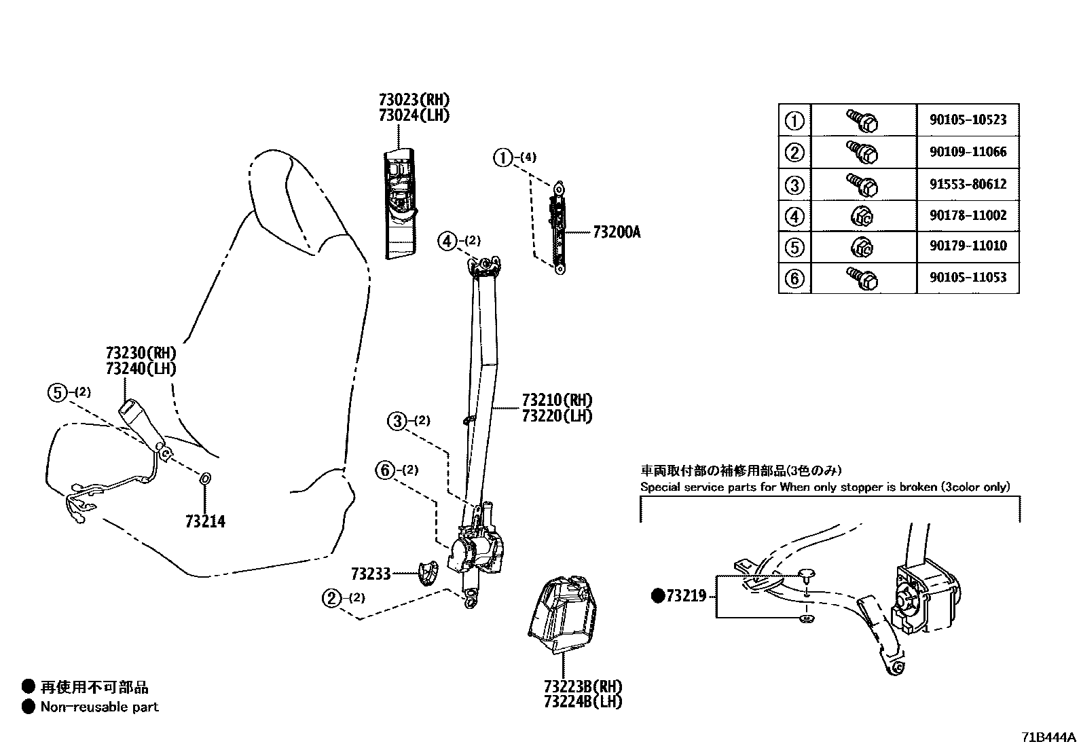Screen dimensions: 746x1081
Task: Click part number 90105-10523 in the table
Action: coord(968,120)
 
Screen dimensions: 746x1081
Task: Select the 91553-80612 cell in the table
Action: coord(968,185)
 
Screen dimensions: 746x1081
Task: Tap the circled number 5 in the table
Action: coord(794,247)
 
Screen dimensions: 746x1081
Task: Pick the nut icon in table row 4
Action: coord(863,217)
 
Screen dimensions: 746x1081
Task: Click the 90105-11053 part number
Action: coord(968,278)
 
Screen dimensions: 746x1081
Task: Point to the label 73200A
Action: coord(616,233)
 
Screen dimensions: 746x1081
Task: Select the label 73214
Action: coord(205,521)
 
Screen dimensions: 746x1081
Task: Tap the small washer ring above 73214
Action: coord(206,479)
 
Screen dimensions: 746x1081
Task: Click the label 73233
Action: coord(371,574)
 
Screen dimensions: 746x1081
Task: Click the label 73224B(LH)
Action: coord(583,702)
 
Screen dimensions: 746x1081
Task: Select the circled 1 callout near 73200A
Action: coord(502,158)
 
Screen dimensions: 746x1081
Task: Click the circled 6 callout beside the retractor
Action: coord(385,470)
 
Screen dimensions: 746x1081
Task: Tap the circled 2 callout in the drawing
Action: coord(331,598)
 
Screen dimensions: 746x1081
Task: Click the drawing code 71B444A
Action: coord(1050,737)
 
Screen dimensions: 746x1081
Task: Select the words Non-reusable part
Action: coord(99,707)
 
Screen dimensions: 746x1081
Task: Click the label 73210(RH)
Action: coord(557,399)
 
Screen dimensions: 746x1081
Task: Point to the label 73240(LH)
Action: coord(141,369)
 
